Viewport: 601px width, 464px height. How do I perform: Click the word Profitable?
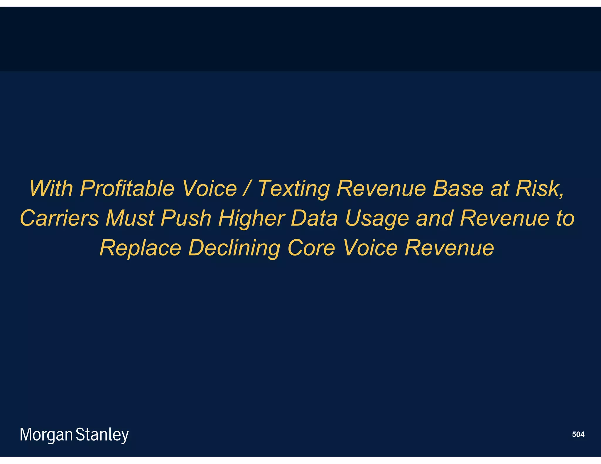pos(127,189)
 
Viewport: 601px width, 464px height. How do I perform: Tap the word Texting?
pos(294,189)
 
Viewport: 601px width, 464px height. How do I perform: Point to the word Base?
pos(458,189)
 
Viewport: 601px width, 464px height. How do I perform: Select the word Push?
pos(186,218)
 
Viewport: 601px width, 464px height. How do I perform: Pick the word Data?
pos(314,218)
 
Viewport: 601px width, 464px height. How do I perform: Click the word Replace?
pos(140,248)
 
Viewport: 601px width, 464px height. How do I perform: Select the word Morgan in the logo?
pos(46,435)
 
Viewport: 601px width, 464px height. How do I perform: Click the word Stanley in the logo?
pos(102,435)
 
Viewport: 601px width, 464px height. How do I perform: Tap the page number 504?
pos(578,434)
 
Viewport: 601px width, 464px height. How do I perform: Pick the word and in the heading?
pos(434,218)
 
